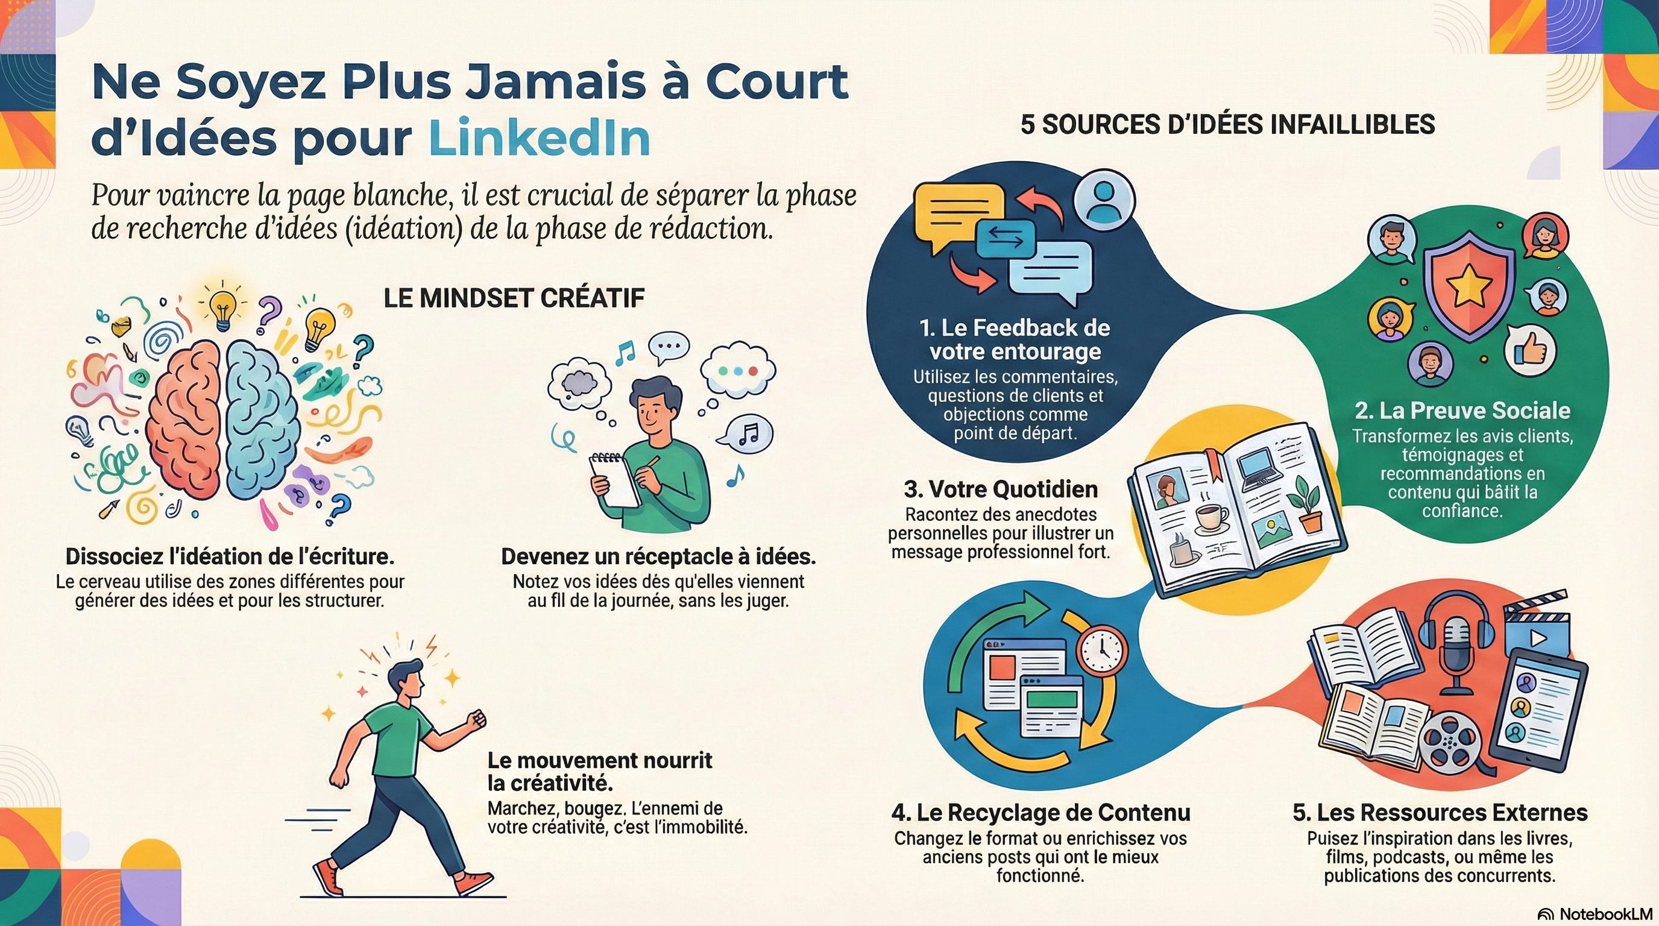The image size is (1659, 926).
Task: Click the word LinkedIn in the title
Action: click(x=539, y=138)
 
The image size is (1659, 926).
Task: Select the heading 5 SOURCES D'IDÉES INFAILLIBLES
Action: click(x=1227, y=124)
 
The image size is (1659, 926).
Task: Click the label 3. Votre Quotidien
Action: click(x=1001, y=490)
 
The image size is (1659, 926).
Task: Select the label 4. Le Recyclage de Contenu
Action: click(x=1040, y=813)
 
